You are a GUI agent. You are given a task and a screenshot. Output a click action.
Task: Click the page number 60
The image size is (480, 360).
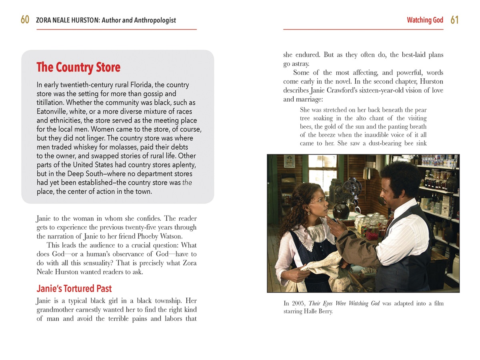tap(25, 20)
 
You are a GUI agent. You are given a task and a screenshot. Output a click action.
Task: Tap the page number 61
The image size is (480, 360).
tap(454, 20)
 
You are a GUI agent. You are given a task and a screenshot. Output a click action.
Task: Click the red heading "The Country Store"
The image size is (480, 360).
tap(78, 67)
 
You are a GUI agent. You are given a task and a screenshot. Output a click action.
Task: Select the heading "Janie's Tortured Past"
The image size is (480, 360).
tap(74, 288)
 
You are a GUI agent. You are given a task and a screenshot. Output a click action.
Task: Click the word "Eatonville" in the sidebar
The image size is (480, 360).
tap(52, 112)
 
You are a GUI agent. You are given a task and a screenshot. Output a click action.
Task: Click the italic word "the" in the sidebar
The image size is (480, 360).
tap(187, 182)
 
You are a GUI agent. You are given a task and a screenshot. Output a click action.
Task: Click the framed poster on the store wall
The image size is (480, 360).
tap(289, 161)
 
